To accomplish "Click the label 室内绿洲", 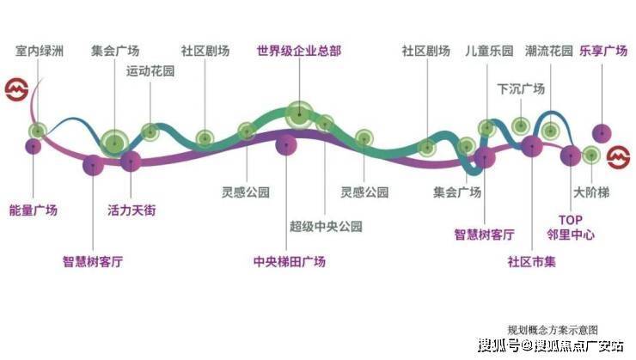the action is click(40, 51).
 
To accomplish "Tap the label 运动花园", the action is click(150, 71).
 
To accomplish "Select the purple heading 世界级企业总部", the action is click(299, 51).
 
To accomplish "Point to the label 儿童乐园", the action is click(489, 51).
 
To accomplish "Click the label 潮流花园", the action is click(549, 51).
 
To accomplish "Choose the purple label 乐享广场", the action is click(603, 51).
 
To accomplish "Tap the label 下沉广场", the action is click(521, 88).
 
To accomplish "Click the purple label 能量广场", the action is click(34, 211).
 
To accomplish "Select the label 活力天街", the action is click(131, 211).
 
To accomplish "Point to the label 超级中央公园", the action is click(326, 226).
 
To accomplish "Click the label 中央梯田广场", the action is click(289, 261).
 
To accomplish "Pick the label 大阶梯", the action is click(591, 192).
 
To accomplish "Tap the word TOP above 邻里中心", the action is click(571, 220).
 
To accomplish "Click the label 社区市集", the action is click(531, 261).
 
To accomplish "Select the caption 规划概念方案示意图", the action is click(553, 330).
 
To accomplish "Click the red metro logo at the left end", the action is click(16, 89).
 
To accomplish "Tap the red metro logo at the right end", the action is click(619, 157).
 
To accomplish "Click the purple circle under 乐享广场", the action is click(602, 133).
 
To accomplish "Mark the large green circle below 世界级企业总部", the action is click(299, 115).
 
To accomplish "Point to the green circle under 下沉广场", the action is click(521, 126).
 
